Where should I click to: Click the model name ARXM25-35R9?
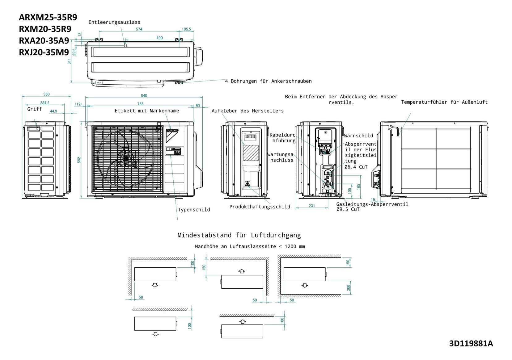click(48, 17)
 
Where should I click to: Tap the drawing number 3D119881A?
click(471, 343)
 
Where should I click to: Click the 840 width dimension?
click(144, 95)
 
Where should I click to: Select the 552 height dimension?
click(79, 160)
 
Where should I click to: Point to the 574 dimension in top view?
click(139, 29)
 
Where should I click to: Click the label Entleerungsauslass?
click(114, 22)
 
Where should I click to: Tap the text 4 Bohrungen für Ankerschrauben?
click(268, 81)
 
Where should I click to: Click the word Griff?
click(34, 109)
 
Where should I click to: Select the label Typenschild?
click(194, 210)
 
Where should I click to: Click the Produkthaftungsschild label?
click(260, 207)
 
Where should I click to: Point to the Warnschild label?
click(358, 136)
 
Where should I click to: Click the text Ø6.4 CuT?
click(356, 167)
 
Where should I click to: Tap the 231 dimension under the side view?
click(312, 206)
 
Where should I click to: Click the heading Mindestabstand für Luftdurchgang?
click(239, 235)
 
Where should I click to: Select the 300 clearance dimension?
click(349, 288)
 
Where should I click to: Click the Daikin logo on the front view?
click(172, 135)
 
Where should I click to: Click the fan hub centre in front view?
click(126, 159)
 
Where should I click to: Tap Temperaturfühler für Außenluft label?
click(444, 102)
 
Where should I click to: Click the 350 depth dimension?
click(46, 94)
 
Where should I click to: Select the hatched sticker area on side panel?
click(251, 153)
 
